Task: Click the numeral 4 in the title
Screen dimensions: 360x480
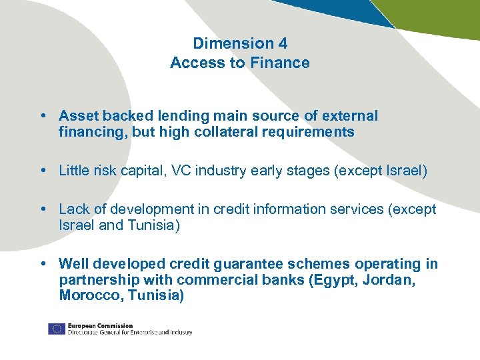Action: click(282, 43)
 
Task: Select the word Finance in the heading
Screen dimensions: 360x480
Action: click(285, 63)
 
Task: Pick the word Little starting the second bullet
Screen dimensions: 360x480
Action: click(75, 171)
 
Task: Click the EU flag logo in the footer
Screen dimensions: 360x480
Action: click(56, 329)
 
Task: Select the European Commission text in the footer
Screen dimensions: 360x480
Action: click(100, 325)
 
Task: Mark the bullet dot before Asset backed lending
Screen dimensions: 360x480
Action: click(43, 116)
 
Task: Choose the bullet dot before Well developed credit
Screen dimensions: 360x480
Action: click(43, 264)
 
